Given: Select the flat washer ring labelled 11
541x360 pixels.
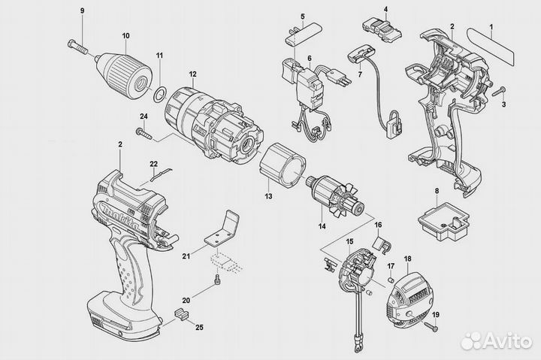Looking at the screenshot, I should point(159,92).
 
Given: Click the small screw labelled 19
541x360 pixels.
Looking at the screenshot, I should point(430,325).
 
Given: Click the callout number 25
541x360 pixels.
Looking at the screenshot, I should point(199,328).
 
